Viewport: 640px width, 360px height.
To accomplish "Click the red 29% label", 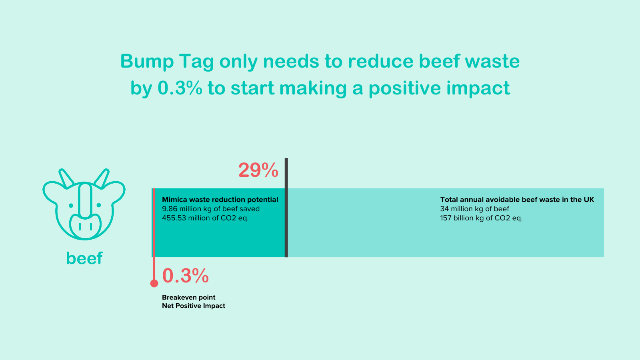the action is pyautogui.click(x=258, y=170).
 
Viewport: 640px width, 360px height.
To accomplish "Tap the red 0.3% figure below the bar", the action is pyautogui.click(x=186, y=276).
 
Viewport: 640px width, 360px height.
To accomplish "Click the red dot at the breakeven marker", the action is pyautogui.click(x=154, y=283).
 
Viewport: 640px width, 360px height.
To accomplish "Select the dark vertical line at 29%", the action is pyautogui.click(x=286, y=208).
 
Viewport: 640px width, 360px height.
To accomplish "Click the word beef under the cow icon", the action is pyautogui.click(x=84, y=258).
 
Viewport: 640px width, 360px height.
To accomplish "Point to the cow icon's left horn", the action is pyautogui.click(x=66, y=178).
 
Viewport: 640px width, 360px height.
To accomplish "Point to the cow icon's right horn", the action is pyautogui.click(x=102, y=178).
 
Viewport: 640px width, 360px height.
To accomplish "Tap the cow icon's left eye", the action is pyautogui.click(x=71, y=206).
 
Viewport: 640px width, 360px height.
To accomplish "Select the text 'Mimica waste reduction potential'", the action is pyautogui.click(x=220, y=200).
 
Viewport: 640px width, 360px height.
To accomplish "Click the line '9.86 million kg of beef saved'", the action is pyautogui.click(x=211, y=209).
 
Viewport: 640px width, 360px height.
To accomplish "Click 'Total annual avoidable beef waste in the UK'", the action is pyautogui.click(x=517, y=200).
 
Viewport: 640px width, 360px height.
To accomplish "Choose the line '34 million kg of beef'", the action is pyautogui.click(x=474, y=209).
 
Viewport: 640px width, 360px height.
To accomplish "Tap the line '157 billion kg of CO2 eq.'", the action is pyautogui.click(x=482, y=218).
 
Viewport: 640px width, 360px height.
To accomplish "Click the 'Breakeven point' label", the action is pyautogui.click(x=188, y=298).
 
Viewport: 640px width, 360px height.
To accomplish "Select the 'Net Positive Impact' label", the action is pyautogui.click(x=194, y=306).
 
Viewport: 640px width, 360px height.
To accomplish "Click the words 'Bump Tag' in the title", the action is pyautogui.click(x=167, y=62).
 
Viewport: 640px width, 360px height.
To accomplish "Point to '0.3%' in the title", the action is pyautogui.click(x=180, y=88).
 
